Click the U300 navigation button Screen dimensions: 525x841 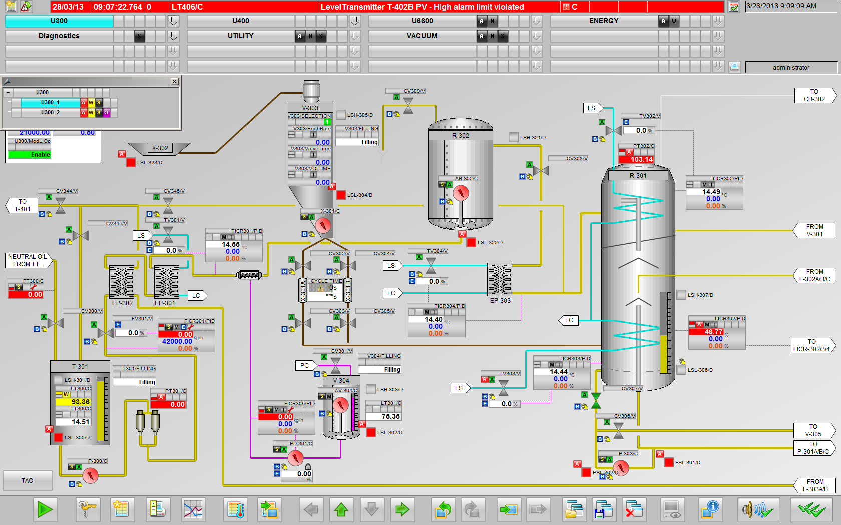(59, 21)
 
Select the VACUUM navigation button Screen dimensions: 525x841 (422, 36)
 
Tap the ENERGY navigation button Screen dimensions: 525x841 (604, 21)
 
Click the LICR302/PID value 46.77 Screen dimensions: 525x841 (713, 332)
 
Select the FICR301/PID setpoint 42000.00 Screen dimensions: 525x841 (177, 342)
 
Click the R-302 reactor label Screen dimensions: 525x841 (461, 136)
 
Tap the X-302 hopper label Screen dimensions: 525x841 (160, 148)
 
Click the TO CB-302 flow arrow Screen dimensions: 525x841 (814, 95)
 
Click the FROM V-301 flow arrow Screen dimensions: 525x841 (814, 230)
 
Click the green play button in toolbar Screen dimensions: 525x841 (45, 510)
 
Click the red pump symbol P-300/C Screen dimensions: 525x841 (91, 475)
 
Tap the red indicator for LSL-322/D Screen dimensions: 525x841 (471, 243)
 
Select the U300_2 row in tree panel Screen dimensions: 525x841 (50, 113)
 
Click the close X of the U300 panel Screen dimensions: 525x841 (174, 82)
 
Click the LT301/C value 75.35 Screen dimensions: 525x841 (390, 416)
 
